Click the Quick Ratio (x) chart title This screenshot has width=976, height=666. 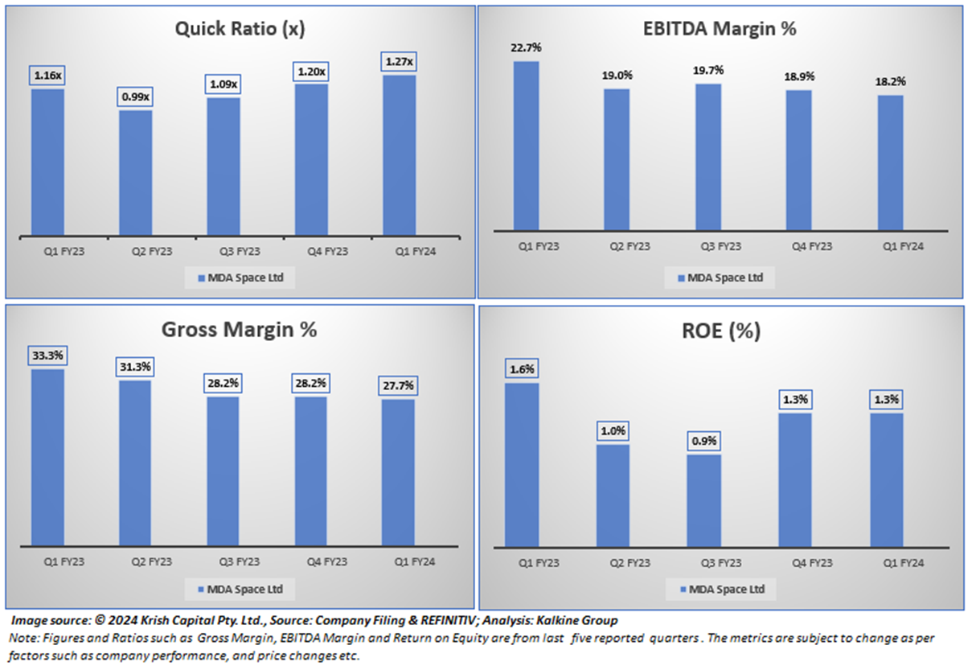tap(240, 30)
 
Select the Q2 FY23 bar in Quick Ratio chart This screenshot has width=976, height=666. tap(135, 172)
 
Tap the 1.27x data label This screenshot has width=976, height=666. tap(400, 61)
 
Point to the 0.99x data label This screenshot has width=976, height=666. tap(135, 97)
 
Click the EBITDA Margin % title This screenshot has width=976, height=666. tap(720, 29)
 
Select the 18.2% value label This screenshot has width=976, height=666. tap(890, 82)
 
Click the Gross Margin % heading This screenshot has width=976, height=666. tap(240, 330)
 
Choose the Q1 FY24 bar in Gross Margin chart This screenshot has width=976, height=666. tap(398, 472)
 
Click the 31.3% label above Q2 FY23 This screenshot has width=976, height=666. tap(135, 367)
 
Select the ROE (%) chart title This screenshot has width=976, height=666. tap(720, 331)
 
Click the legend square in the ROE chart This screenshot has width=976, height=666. tap(682, 590)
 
